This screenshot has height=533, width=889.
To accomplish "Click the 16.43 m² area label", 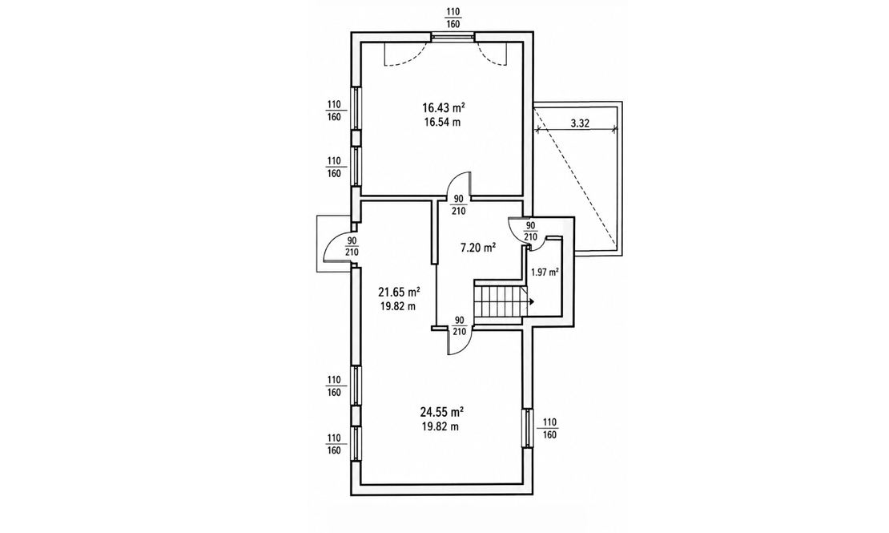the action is (444, 107).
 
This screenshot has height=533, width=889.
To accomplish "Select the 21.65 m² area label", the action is (399, 293).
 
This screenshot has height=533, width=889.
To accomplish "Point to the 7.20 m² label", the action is (478, 248).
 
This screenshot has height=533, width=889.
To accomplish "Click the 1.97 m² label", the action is (545, 272).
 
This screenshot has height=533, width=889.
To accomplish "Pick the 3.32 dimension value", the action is (579, 123).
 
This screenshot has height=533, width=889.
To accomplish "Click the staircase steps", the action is (499, 302).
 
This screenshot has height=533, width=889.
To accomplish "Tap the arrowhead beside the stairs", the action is (532, 302).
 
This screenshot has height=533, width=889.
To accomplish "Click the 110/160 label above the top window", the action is (453, 18).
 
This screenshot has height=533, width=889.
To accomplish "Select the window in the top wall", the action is (453, 37).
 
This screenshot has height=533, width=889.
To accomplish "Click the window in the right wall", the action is (528, 427).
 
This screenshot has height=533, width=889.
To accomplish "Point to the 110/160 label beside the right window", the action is (550, 429).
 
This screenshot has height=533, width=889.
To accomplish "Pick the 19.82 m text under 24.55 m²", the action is (440, 427).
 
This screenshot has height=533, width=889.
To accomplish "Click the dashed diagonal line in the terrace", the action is (576, 174).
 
